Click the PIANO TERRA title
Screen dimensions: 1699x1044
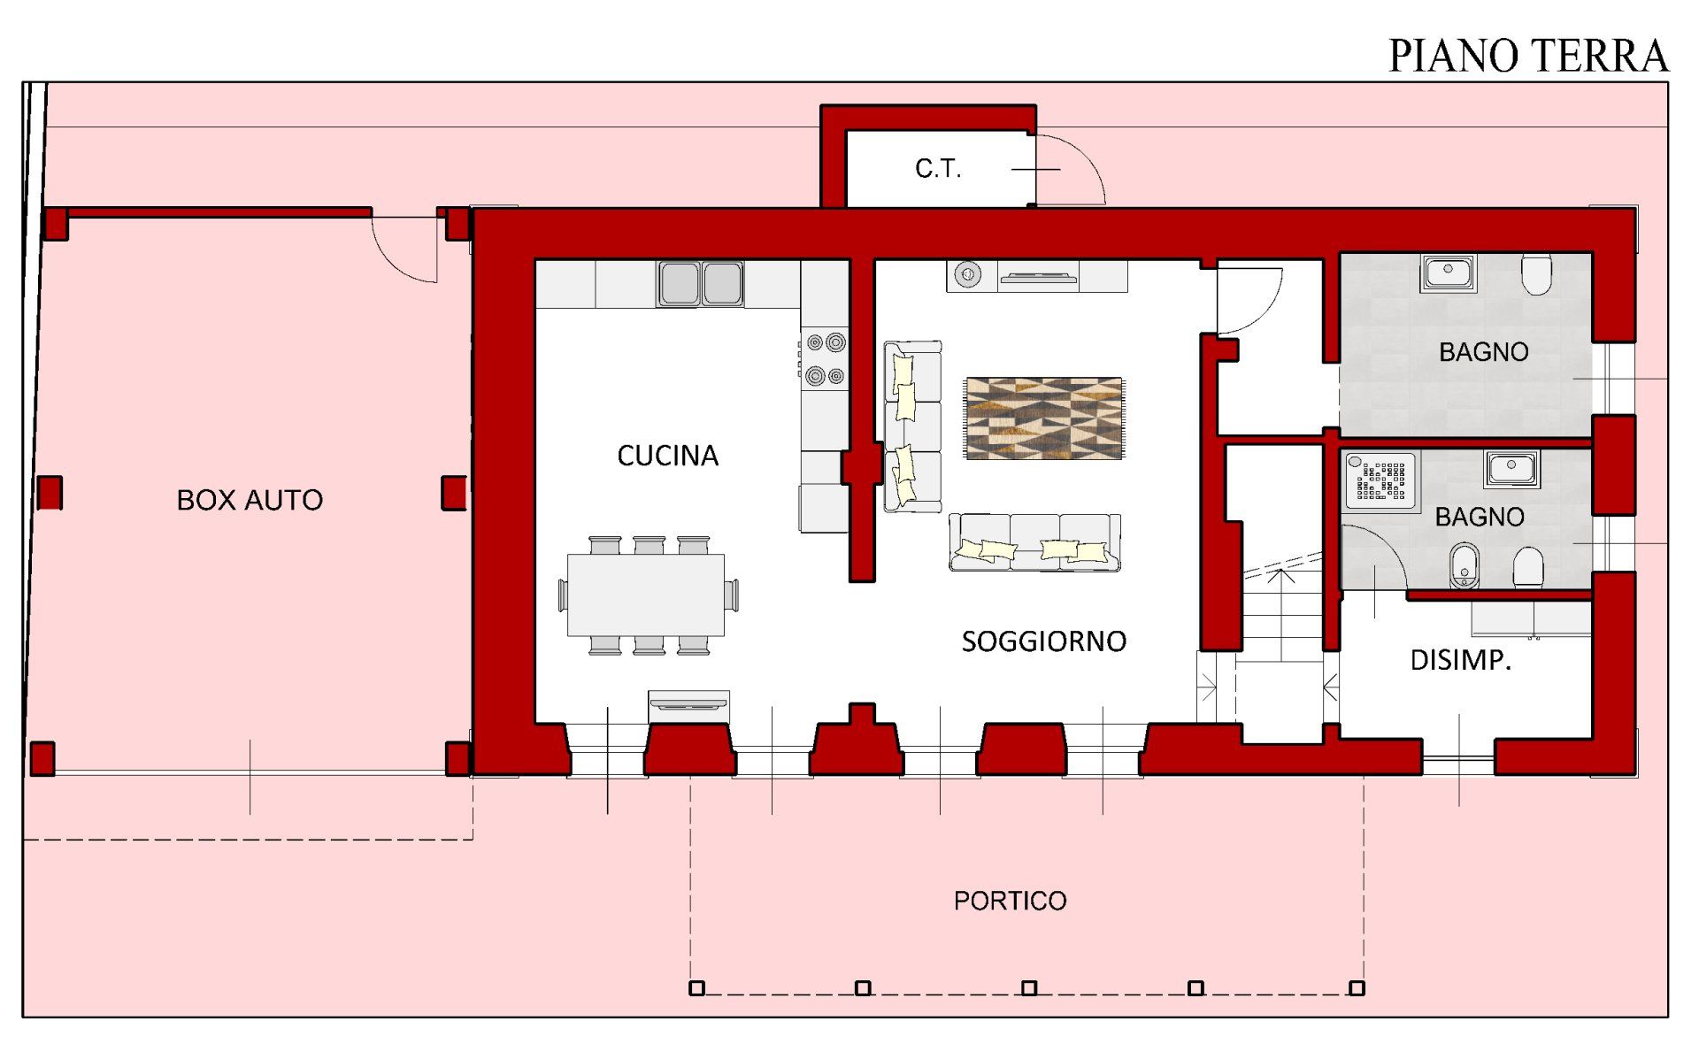(x=1527, y=56)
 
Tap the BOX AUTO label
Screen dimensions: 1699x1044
(x=250, y=500)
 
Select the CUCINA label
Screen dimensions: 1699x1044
(x=667, y=456)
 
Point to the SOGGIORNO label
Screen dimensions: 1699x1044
(x=1043, y=641)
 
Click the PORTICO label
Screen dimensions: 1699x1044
(x=1010, y=901)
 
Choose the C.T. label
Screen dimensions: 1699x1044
(x=938, y=168)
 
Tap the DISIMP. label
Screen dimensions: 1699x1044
(x=1460, y=660)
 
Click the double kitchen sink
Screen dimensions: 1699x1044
(x=700, y=283)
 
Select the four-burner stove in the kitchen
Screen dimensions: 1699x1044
(x=825, y=359)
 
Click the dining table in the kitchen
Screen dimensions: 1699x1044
(x=646, y=595)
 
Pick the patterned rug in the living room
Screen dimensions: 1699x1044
(x=1044, y=418)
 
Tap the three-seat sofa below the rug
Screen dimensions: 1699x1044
(x=1034, y=541)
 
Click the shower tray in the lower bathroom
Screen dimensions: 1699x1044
(x=1380, y=481)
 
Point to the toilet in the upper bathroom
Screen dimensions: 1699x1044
(x=1537, y=274)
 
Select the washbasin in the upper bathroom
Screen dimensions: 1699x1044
(x=1449, y=273)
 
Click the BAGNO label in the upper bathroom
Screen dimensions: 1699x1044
(x=1484, y=352)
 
